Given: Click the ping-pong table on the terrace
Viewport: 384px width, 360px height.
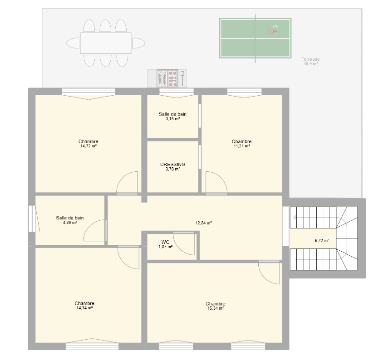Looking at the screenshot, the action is (255, 38).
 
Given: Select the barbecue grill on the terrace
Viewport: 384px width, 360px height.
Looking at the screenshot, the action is (167, 78).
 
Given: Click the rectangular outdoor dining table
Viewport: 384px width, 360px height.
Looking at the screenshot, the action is (106, 43).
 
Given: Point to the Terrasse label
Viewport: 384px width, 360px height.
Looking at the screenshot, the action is (310, 59).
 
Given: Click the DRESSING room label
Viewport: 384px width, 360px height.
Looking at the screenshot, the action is (172, 164).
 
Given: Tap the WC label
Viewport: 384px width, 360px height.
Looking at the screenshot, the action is (165, 242).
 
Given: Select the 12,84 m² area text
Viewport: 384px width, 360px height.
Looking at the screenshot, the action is (203, 223).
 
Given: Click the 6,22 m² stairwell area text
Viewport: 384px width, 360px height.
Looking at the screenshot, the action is (322, 241).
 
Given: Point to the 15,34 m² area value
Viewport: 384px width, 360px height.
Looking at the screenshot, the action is (216, 308).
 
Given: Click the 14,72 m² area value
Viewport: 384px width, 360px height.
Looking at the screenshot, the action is (89, 146).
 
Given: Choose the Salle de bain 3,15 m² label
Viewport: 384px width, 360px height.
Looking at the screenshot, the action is (172, 116).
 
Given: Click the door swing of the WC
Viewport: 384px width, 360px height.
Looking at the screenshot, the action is (184, 243).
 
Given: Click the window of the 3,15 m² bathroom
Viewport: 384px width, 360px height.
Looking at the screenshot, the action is (177, 93).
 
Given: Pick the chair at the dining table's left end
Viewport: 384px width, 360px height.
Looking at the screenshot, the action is (73, 43).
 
